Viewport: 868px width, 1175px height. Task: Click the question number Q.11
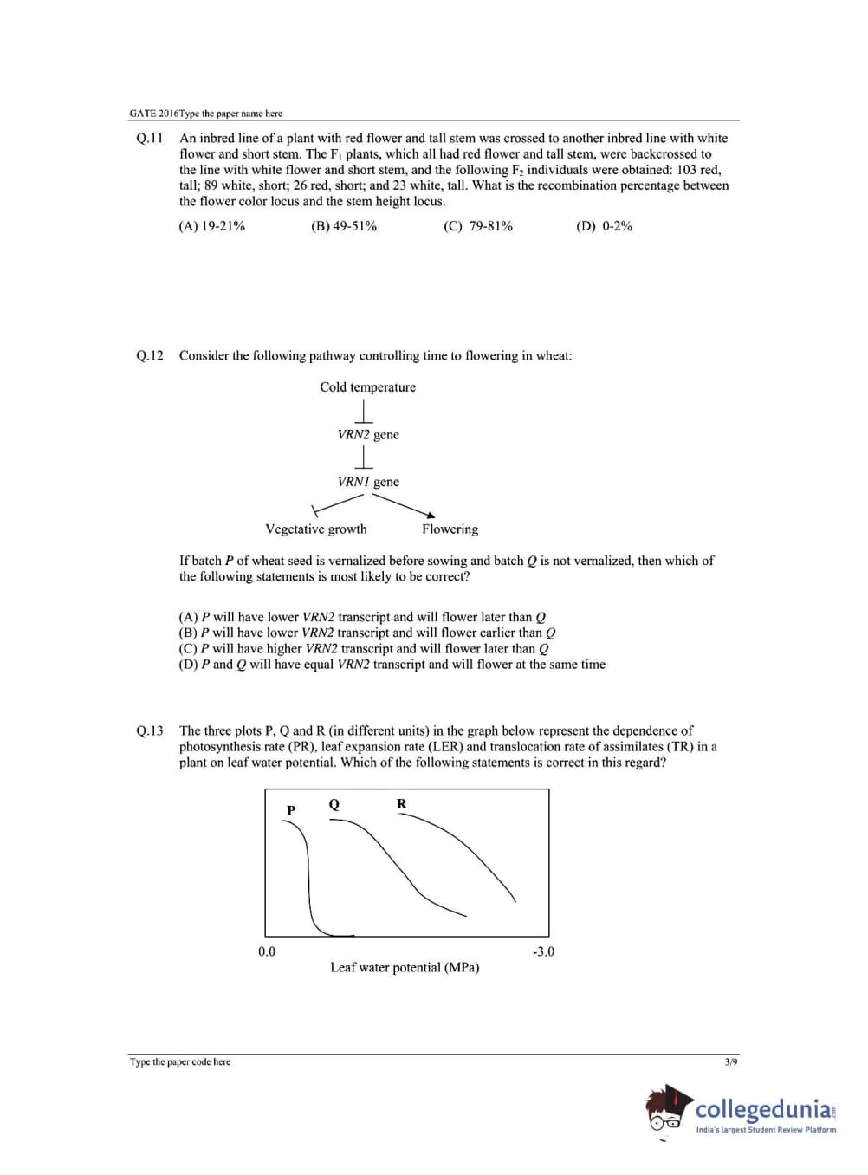pyautogui.click(x=149, y=138)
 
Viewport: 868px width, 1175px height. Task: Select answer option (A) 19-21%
pyautogui.click(x=211, y=226)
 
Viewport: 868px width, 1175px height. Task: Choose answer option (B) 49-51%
pyautogui.click(x=344, y=226)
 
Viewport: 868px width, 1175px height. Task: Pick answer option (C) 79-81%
pyautogui.click(x=478, y=226)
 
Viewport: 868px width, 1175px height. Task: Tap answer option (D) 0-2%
pyautogui.click(x=604, y=226)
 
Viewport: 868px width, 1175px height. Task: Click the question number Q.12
pyautogui.click(x=149, y=355)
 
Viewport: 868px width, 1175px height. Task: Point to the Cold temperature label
pyautogui.click(x=367, y=387)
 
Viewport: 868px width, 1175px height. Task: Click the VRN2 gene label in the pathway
pyautogui.click(x=368, y=435)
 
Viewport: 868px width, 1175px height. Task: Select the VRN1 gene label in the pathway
pyautogui.click(x=368, y=482)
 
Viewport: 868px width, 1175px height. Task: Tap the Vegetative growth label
pyautogui.click(x=315, y=529)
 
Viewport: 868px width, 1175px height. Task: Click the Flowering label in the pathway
pyautogui.click(x=450, y=529)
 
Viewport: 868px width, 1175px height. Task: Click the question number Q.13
pyautogui.click(x=149, y=731)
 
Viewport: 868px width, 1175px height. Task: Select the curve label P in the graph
pyautogui.click(x=291, y=810)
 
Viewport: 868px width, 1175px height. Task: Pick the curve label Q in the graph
pyautogui.click(x=334, y=804)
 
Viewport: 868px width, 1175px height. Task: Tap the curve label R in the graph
pyautogui.click(x=401, y=804)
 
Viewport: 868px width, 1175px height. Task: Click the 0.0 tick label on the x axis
pyautogui.click(x=267, y=951)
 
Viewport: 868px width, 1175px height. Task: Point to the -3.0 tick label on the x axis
pyautogui.click(x=543, y=951)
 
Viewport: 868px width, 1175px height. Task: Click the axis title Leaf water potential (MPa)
pyautogui.click(x=405, y=968)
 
